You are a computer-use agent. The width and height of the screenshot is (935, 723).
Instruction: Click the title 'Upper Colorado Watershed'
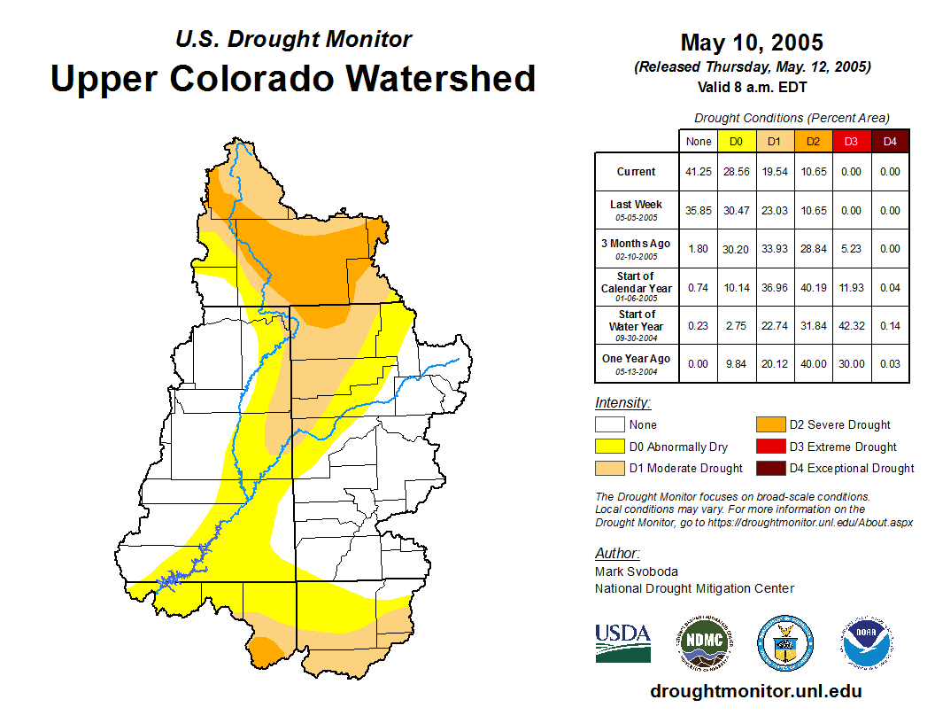click(293, 79)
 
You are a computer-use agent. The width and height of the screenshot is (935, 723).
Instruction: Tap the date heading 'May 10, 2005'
click(752, 43)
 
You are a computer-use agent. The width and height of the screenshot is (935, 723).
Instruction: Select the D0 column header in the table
click(736, 141)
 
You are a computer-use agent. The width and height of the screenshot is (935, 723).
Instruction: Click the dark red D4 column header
click(890, 141)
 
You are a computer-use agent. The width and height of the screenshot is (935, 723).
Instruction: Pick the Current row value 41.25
click(698, 172)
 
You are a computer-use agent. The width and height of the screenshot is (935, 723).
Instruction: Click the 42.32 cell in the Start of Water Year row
click(851, 326)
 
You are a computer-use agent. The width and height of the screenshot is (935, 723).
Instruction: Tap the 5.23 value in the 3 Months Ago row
click(851, 249)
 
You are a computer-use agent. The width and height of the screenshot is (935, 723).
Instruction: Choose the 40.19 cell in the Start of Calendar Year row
click(813, 288)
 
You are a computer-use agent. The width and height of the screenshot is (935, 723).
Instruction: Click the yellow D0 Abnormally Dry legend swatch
click(609, 447)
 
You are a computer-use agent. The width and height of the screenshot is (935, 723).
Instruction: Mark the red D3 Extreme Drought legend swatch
click(770, 447)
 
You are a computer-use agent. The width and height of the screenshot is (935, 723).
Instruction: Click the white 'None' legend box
click(609, 425)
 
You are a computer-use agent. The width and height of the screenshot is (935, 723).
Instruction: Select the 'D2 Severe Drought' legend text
click(839, 425)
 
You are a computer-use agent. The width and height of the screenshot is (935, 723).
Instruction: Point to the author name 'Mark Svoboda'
click(637, 571)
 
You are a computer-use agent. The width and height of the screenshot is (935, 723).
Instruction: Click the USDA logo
click(622, 642)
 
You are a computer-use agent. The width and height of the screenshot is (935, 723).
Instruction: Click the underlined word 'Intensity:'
click(622, 403)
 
